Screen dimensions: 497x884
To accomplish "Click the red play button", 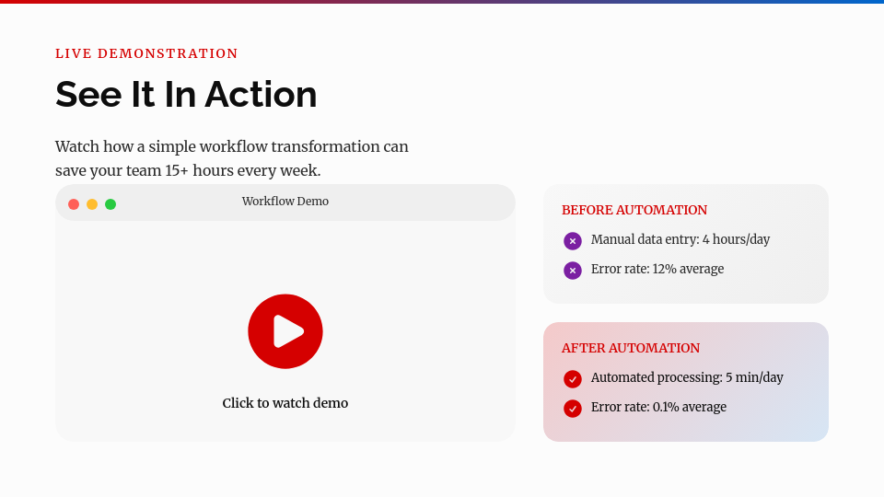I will (x=285, y=331).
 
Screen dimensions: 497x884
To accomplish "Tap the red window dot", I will (x=74, y=204).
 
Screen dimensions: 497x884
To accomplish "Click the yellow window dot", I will (x=92, y=204).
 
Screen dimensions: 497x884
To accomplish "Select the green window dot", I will (x=110, y=204).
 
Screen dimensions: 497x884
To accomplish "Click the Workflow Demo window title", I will (x=285, y=202).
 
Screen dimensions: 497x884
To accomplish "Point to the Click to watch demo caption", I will (x=285, y=403).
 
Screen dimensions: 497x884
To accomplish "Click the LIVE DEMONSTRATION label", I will (x=146, y=53).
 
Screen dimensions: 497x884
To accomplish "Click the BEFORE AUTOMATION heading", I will (x=634, y=210).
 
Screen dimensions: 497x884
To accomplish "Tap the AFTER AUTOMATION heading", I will (x=631, y=348).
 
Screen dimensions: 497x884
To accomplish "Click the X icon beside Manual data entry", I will (x=573, y=241).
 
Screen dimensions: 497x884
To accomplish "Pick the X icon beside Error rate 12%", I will (x=573, y=271).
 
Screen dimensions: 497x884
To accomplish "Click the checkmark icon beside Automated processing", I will (x=573, y=379).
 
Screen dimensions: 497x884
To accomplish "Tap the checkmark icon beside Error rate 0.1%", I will (x=573, y=409).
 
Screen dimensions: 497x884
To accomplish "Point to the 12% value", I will (x=665, y=269).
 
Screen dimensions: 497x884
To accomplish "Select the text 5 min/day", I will (x=754, y=377).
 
